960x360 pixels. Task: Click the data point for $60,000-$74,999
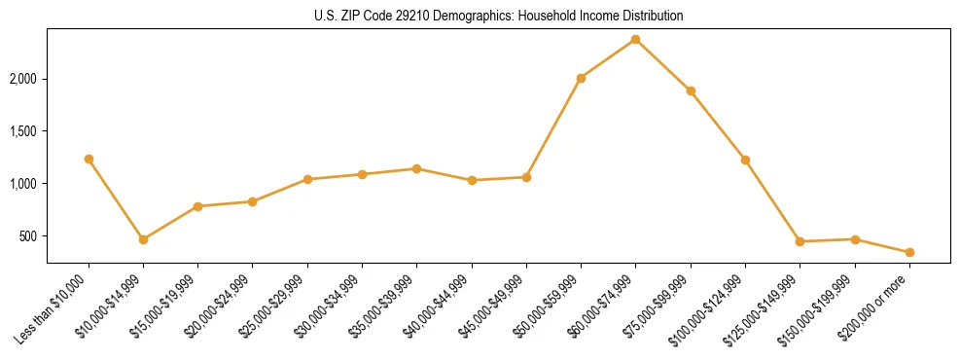pos(635,39)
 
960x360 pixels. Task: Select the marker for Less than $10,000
pos(89,159)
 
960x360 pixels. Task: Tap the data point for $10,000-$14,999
pos(143,239)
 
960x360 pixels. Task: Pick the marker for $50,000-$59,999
pos(581,78)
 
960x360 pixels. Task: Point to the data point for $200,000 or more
pos(909,252)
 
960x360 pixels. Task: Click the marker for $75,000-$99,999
pos(691,90)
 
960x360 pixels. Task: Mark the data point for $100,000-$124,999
pos(745,160)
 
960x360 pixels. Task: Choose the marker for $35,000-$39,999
pos(416,168)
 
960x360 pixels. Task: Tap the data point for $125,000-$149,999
pos(800,241)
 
